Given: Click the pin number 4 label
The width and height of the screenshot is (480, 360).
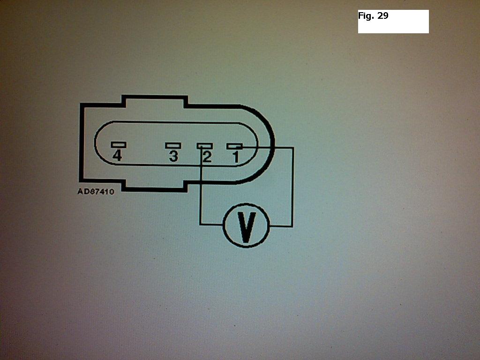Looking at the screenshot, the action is point(117,156).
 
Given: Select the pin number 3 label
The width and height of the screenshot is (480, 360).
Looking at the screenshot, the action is point(173,157).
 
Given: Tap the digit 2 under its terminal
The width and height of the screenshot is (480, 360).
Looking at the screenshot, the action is point(207,157).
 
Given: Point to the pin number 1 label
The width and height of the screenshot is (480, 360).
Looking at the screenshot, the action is point(236,157).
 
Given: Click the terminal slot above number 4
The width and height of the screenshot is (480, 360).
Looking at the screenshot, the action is point(119,144).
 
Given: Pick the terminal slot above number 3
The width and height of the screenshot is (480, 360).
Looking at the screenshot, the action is point(173,145).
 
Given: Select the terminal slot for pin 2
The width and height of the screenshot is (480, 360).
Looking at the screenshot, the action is point(204,146).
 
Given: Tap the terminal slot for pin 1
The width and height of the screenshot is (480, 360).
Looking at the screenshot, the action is point(234,146).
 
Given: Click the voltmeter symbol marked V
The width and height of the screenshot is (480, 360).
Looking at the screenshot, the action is point(247,225).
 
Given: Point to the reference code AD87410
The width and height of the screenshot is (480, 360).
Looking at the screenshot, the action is point(96,192).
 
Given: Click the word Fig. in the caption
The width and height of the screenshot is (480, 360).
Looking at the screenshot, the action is point(366,15).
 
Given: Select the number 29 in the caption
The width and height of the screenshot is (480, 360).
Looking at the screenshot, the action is point(382,15).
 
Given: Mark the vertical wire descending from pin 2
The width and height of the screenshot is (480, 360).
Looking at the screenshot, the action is point(201,186).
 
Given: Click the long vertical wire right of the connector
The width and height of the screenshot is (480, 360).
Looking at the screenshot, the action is point(293,187).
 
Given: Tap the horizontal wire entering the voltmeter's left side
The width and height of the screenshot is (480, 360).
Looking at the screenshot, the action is point(212,225).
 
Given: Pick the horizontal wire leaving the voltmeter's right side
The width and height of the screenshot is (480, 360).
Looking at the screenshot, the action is point(281,226).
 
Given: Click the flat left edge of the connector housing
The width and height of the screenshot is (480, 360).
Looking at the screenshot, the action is point(82,142).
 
